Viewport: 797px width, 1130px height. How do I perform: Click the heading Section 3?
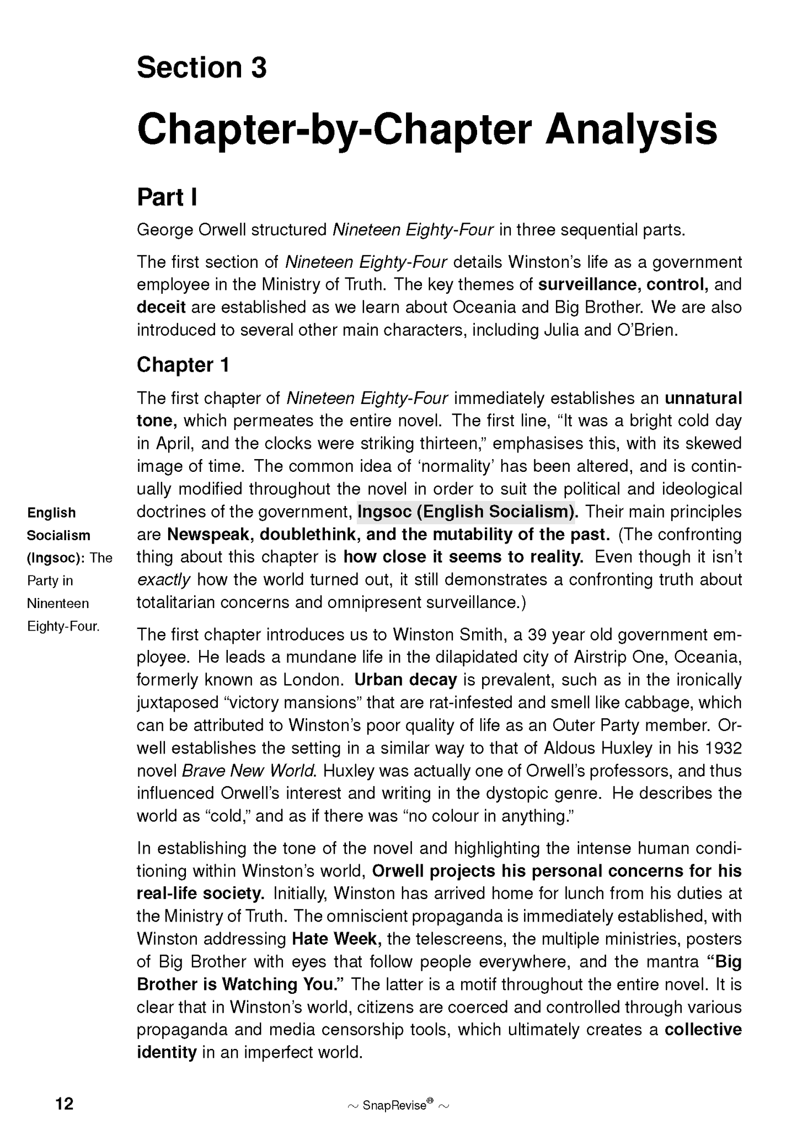[201, 68]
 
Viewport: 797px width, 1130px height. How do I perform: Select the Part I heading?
[167, 197]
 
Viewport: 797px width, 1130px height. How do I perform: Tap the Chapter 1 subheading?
[183, 365]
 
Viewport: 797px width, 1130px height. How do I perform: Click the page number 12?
[65, 1088]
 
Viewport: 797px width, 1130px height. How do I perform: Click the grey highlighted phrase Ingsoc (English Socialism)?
[466, 512]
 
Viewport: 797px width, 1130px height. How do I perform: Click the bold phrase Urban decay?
[405, 680]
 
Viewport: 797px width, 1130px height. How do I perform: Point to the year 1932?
[724, 748]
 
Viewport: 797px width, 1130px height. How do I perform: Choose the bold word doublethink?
[309, 535]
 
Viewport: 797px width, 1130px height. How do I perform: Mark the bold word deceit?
[161, 307]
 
